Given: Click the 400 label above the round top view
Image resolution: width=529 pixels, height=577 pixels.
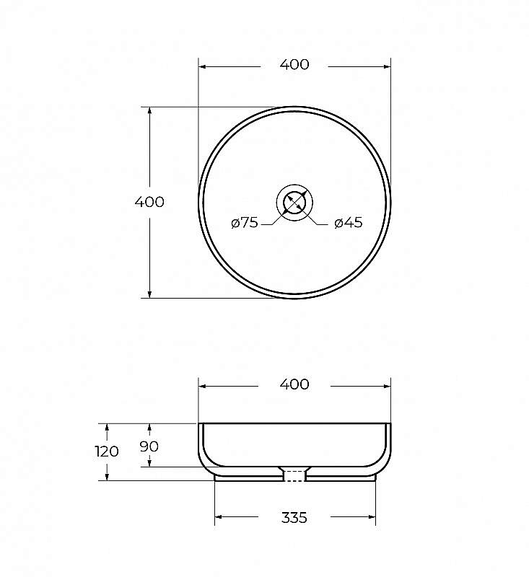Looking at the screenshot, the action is [x=294, y=64].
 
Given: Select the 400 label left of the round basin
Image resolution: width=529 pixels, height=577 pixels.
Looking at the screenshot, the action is [x=149, y=202].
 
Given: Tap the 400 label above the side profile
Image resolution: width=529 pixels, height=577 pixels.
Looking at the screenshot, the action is [x=294, y=384].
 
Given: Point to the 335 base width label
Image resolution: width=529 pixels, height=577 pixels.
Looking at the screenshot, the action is [x=294, y=518].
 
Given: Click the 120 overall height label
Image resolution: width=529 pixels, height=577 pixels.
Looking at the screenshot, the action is [x=107, y=452].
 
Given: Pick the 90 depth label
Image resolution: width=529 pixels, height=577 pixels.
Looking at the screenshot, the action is [x=149, y=446].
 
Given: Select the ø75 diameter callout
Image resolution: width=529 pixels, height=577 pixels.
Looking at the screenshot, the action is [x=245, y=223].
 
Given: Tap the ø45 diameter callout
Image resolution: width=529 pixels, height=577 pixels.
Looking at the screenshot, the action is [x=349, y=223].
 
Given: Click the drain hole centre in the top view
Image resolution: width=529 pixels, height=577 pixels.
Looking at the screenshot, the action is [x=294, y=203].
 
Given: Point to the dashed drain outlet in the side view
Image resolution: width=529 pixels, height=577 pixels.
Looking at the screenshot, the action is [x=294, y=476].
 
